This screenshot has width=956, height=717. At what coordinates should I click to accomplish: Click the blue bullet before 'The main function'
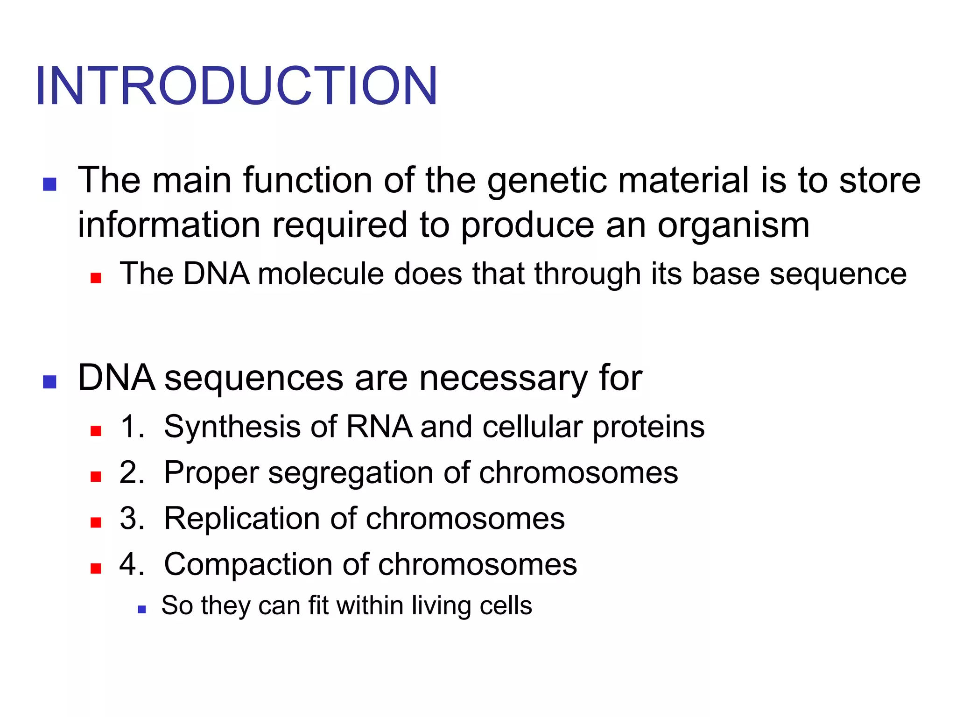tap(49, 184)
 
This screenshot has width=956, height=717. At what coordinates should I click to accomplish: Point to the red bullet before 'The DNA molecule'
tap(96, 278)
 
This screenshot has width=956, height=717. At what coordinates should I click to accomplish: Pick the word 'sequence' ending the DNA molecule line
tap(838, 274)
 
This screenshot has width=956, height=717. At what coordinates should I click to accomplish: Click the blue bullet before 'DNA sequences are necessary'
tap(49, 382)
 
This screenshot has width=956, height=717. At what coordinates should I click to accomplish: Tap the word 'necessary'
tap(503, 378)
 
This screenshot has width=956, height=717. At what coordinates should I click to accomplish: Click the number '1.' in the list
tap(132, 427)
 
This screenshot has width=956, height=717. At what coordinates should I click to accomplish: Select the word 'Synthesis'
tap(232, 427)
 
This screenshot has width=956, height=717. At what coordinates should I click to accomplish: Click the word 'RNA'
tap(379, 427)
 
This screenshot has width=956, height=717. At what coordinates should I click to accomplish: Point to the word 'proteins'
tap(648, 427)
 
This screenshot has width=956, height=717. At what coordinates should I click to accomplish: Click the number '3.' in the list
tap(132, 518)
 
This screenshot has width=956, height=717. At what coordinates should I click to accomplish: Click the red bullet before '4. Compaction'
tap(96, 569)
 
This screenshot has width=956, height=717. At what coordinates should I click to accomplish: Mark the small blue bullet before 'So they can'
tap(142, 609)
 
